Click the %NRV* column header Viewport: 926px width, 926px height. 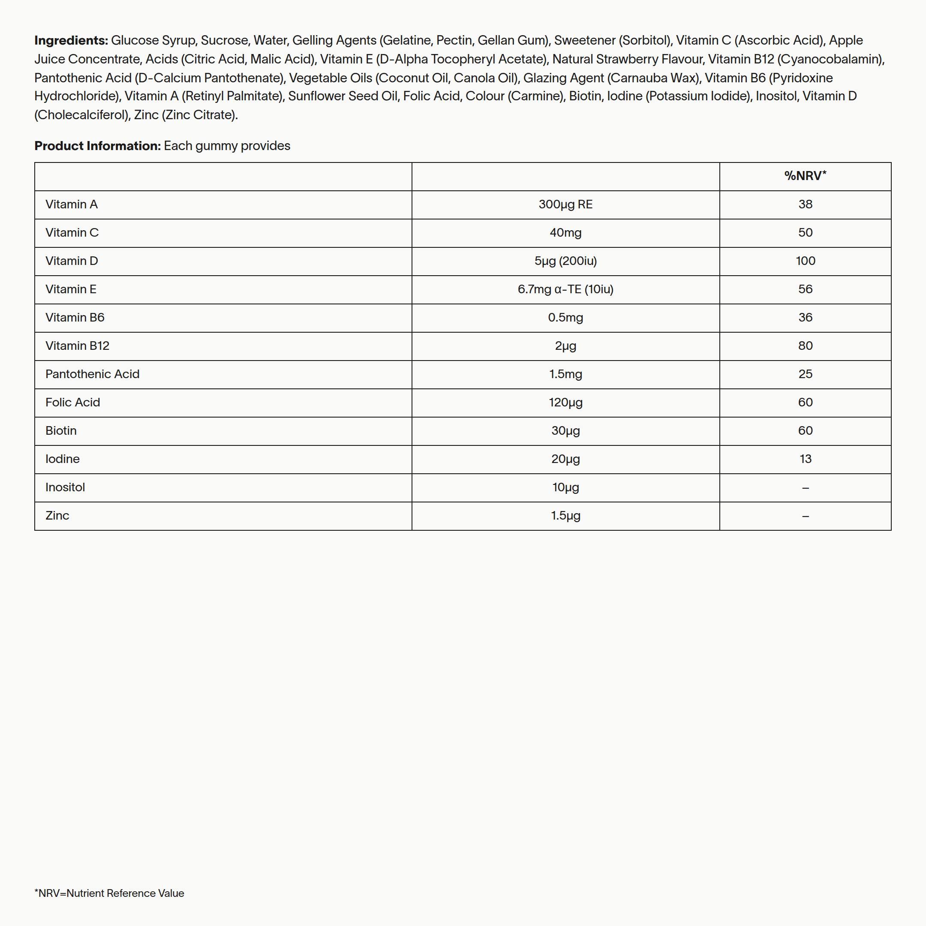pyautogui.click(x=805, y=176)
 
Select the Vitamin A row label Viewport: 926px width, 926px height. pyautogui.click(x=72, y=204)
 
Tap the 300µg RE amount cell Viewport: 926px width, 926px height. pyautogui.click(x=565, y=204)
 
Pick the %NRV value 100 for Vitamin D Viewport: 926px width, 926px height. pyautogui.click(x=805, y=261)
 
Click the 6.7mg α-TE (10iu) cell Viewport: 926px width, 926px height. pyautogui.click(x=565, y=289)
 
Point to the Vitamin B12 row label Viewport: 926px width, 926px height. pyautogui.click(x=77, y=346)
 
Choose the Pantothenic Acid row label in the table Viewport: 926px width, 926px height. pyautogui.click(x=93, y=374)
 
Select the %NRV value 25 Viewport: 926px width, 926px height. pyautogui.click(x=805, y=374)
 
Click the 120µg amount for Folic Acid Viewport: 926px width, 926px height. pyautogui.click(x=565, y=403)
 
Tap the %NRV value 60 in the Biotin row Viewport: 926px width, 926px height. pyautogui.click(x=805, y=431)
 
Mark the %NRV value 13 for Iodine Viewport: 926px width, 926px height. pyautogui.click(x=805, y=459)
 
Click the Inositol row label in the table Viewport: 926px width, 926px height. pyautogui.click(x=65, y=487)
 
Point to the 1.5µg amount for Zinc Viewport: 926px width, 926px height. pyautogui.click(x=565, y=516)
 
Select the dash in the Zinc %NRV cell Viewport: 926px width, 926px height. pyautogui.click(x=805, y=517)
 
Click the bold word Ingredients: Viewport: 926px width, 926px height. pyautogui.click(x=71, y=41)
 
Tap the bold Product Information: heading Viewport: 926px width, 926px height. pyautogui.click(x=97, y=146)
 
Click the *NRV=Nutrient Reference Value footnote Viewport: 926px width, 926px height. pyautogui.click(x=109, y=893)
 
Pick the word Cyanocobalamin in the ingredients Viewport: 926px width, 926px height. pyautogui.click(x=830, y=60)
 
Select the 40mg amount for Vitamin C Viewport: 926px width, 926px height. pyautogui.click(x=565, y=233)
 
